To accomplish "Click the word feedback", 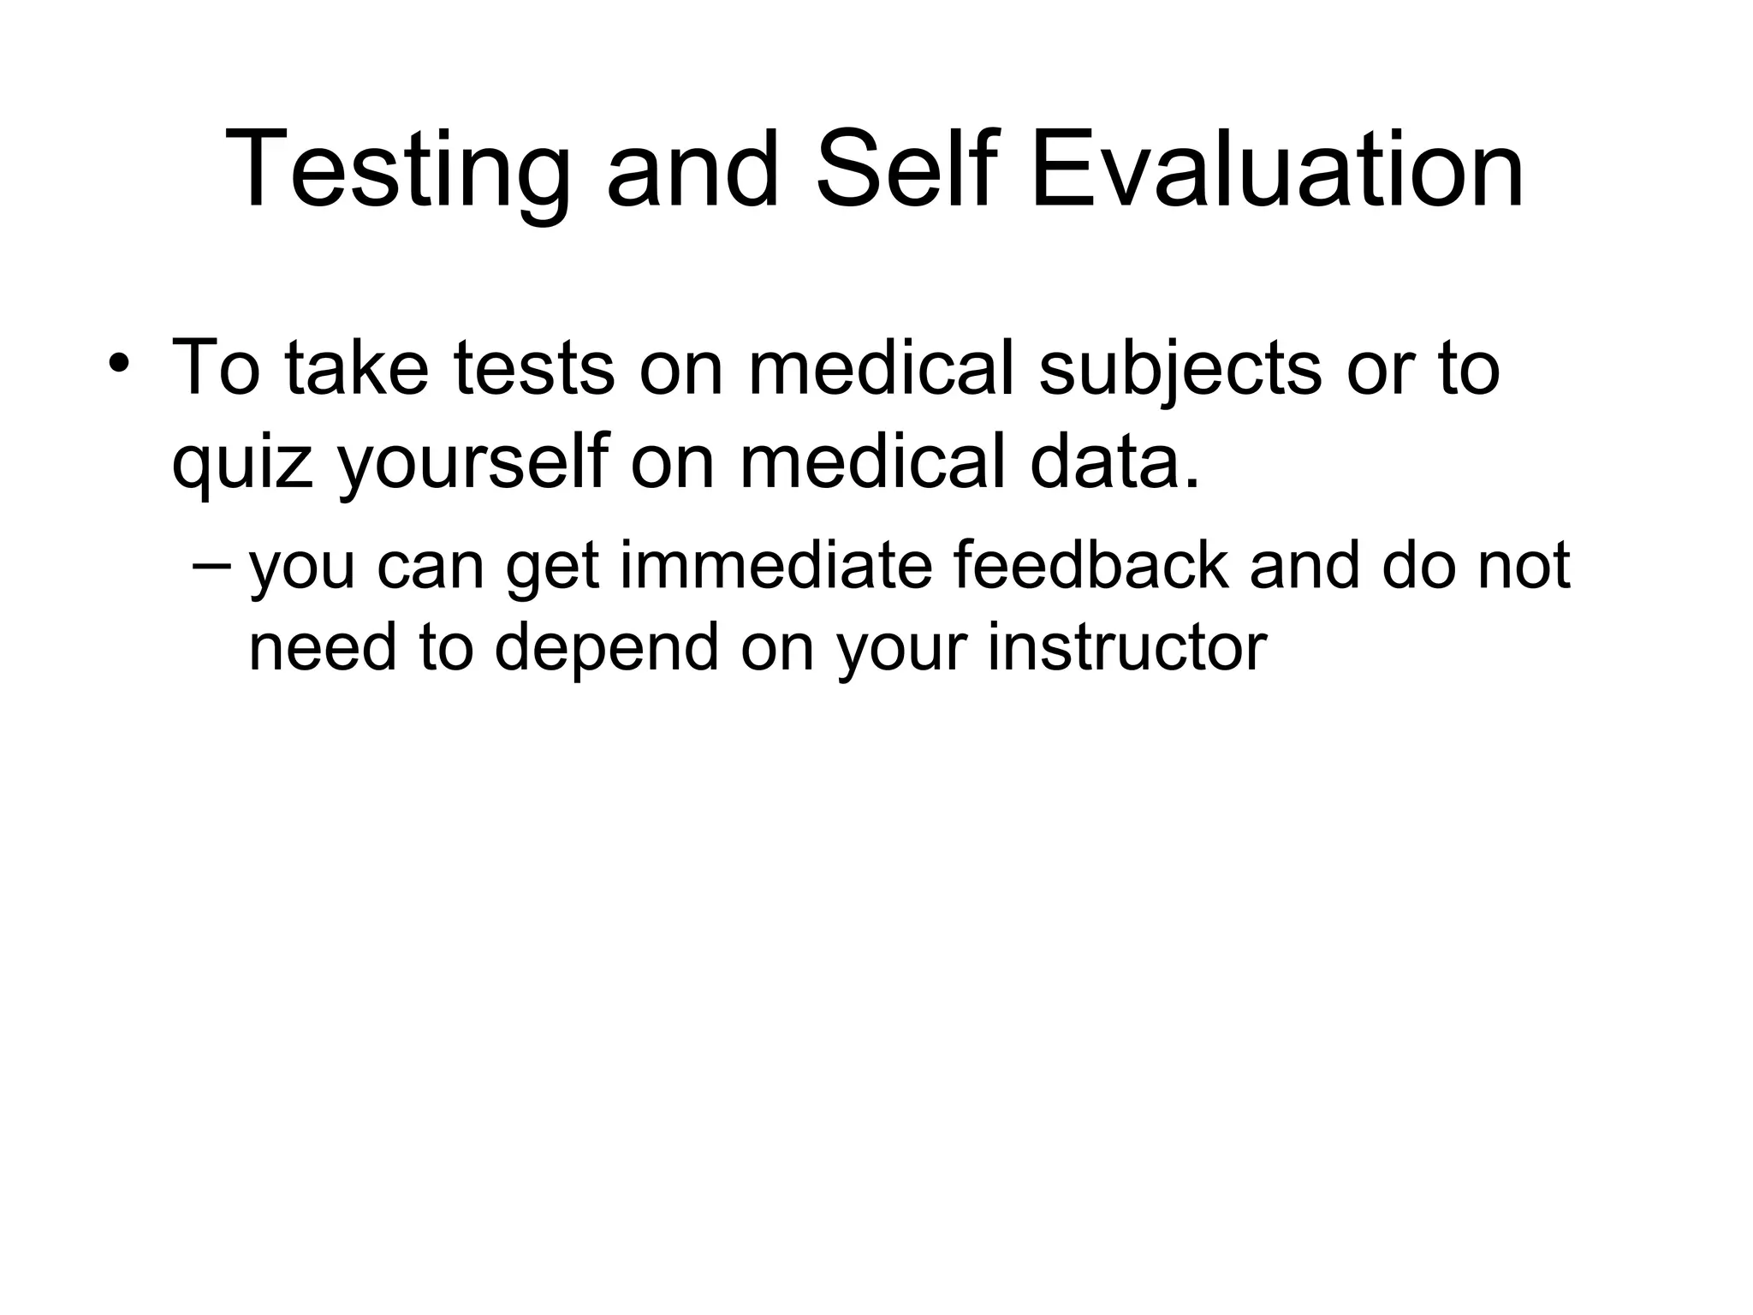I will [x=1090, y=566].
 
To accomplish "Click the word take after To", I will [x=356, y=368].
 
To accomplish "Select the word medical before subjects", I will [x=882, y=368].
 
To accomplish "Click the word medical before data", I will [x=873, y=463].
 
